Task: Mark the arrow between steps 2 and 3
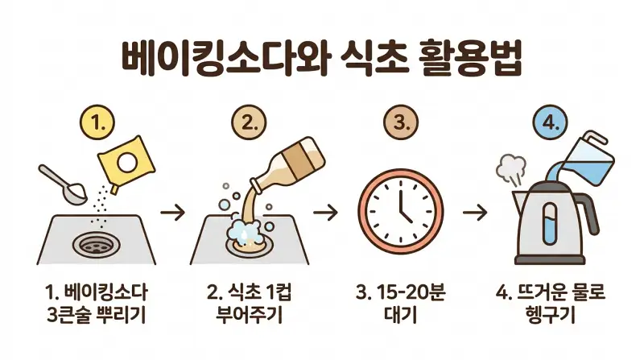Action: pyautogui.click(x=325, y=213)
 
